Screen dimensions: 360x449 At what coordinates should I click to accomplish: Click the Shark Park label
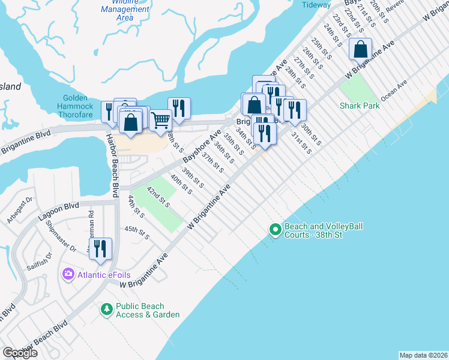[x=360, y=106]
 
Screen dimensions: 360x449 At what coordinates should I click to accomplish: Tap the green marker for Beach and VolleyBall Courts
[x=275, y=229]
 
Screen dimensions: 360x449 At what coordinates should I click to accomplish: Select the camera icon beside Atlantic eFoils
[x=68, y=274]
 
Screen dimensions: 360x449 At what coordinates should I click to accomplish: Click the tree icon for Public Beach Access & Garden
[x=106, y=309]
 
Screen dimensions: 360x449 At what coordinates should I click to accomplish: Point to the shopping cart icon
[x=160, y=120]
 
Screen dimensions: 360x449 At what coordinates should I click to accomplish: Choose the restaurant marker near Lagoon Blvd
[x=101, y=248]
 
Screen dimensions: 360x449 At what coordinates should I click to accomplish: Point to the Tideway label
[x=316, y=4]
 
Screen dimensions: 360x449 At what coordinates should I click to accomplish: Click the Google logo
[x=19, y=353]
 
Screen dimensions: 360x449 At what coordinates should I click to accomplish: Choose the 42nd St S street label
[x=158, y=196]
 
